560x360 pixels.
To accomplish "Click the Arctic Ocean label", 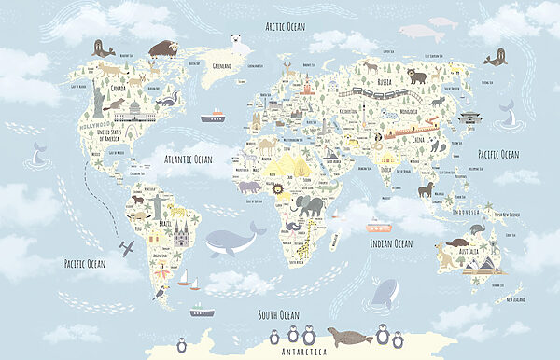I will coord(285,26).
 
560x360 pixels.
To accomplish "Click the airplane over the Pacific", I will coord(127,247).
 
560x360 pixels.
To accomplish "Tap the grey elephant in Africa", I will coord(309,205).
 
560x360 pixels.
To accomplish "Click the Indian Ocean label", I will coord(390,243).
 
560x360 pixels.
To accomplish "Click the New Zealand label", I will coord(522,300).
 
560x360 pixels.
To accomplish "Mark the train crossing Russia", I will coord(369,93).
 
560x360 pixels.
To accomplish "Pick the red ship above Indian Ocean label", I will coord(377,227).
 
